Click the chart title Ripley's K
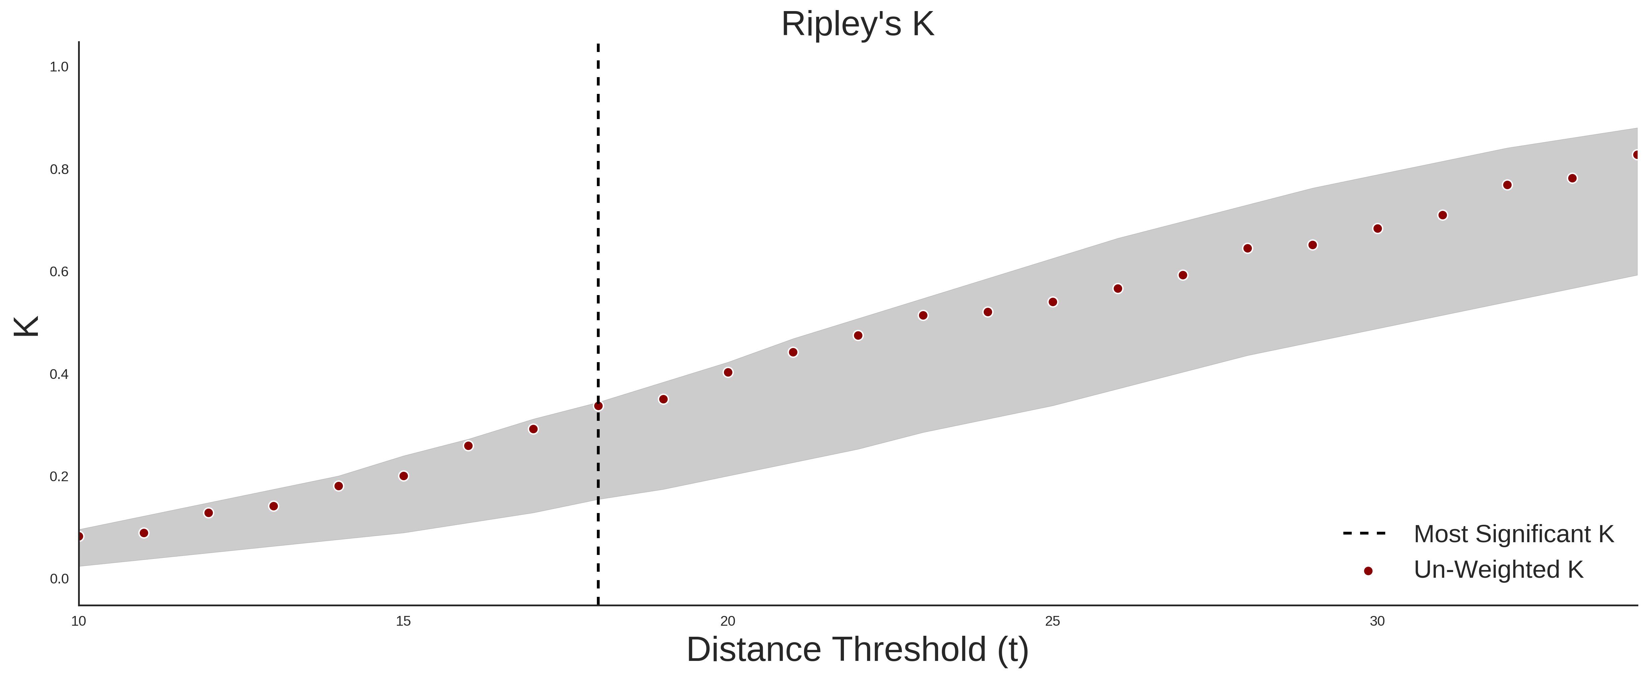tap(857, 24)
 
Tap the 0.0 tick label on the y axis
tap(59, 579)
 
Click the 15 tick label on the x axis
tap(404, 621)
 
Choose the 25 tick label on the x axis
tap(1052, 621)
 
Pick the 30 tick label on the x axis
tap(1377, 621)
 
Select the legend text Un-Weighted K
tap(1499, 569)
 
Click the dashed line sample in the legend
tap(1364, 533)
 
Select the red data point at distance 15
tap(404, 476)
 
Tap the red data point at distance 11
tap(144, 533)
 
